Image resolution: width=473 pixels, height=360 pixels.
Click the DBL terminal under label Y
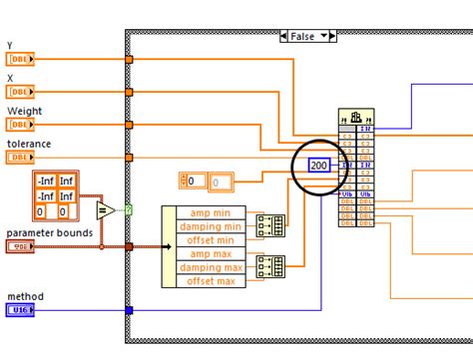click(x=20, y=60)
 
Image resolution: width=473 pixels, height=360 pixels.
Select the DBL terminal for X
click(x=20, y=93)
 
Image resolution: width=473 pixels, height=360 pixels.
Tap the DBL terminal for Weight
click(x=20, y=125)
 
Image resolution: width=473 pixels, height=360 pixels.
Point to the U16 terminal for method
click(x=20, y=310)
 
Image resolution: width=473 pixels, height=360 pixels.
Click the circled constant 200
click(x=319, y=165)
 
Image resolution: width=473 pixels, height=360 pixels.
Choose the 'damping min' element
click(x=208, y=227)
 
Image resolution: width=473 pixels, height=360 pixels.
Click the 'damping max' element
click(x=208, y=268)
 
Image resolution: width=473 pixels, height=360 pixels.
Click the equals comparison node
click(x=103, y=209)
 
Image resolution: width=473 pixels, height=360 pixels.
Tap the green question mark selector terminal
click(x=129, y=209)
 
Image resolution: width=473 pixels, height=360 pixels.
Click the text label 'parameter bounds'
click(x=50, y=232)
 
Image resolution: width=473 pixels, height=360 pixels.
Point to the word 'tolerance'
click(x=29, y=144)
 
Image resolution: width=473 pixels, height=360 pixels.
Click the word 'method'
click(x=25, y=296)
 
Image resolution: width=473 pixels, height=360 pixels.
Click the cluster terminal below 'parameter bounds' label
click(x=19, y=246)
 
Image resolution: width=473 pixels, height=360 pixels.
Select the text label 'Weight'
click(x=25, y=111)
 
